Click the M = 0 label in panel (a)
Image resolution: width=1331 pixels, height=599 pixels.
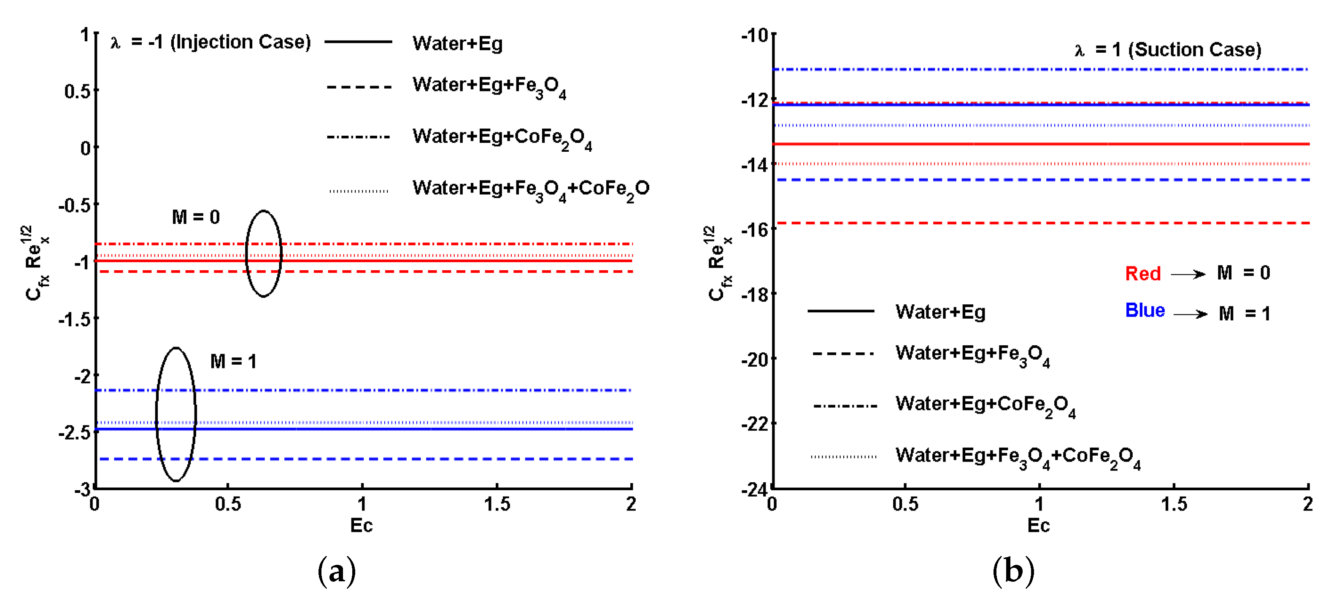[x=195, y=217]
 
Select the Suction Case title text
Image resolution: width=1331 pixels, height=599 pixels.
[x=1168, y=50]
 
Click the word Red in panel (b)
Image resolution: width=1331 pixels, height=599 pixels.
[x=1142, y=273]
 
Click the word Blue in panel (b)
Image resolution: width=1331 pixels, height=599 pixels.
[x=1145, y=310]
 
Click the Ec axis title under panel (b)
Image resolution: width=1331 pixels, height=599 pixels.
[x=1038, y=526]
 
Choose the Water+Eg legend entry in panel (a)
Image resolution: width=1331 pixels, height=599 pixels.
[x=457, y=43]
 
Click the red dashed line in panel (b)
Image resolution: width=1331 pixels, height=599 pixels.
[x=1034, y=223]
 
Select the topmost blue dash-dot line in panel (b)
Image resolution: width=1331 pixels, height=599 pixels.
[x=1034, y=69]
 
